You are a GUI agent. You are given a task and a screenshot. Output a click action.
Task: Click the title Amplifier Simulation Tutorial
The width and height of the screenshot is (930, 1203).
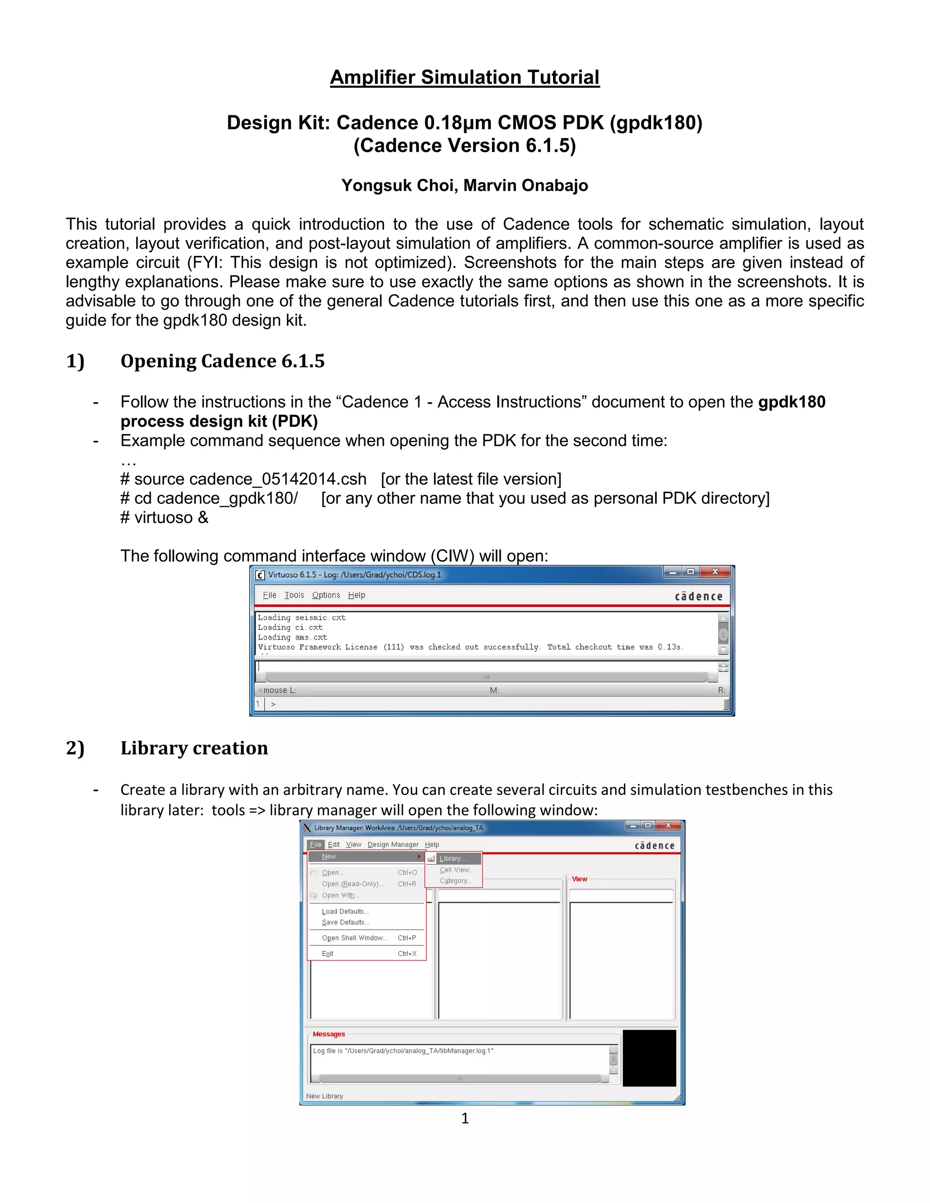pos(465,77)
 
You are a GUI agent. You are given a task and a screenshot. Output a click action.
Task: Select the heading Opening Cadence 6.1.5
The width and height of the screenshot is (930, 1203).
pos(222,361)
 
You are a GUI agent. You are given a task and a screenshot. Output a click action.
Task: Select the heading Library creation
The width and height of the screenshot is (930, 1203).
pos(194,748)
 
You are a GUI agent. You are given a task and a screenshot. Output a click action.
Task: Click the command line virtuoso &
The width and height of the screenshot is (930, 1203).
pos(164,518)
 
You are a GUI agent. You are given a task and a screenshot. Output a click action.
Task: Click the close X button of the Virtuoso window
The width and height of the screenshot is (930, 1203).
pos(715,572)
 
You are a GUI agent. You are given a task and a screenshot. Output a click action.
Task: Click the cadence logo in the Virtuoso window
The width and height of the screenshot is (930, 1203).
pos(698,596)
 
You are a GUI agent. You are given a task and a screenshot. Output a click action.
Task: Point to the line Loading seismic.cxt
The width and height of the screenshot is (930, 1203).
pos(302,617)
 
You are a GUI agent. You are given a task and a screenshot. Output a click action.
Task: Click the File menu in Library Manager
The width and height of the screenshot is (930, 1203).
pos(315,844)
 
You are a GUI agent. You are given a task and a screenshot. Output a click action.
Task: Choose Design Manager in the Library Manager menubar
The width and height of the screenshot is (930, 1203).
pos(393,844)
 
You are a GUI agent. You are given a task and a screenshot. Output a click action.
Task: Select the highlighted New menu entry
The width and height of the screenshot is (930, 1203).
pos(329,857)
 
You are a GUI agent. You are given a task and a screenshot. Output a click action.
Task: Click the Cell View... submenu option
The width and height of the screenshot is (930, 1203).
pos(456,870)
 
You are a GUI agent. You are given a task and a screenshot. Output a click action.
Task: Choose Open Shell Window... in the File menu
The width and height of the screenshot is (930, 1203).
pos(354,938)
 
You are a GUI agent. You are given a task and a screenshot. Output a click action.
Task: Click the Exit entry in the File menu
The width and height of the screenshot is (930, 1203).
pos(327,953)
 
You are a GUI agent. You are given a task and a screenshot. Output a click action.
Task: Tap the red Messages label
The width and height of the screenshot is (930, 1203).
pos(328,1034)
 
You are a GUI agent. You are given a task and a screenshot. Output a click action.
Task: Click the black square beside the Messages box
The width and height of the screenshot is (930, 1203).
pos(649,1058)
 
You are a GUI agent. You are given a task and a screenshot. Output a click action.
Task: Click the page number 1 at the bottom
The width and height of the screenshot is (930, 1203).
pos(465,1118)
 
